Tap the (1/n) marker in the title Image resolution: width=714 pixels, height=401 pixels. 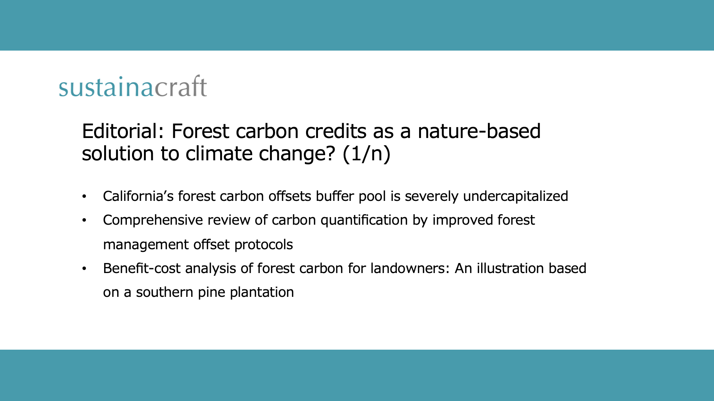tap(366, 154)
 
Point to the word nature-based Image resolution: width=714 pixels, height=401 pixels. tap(479, 131)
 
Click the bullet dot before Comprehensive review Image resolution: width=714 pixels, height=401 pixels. tap(84, 221)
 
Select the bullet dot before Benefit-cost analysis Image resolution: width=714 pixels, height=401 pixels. tap(84, 269)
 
